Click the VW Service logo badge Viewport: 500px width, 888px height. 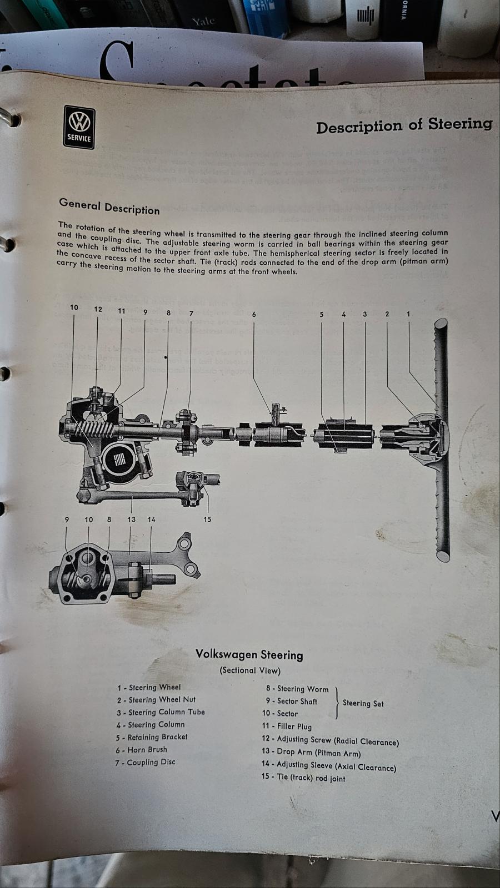pyautogui.click(x=79, y=127)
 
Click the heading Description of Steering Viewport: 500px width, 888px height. pyautogui.click(x=404, y=125)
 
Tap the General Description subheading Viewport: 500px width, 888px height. pyautogui.click(x=109, y=206)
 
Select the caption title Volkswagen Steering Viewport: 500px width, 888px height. pyautogui.click(x=249, y=654)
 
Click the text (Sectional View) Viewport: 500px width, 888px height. pyautogui.click(x=250, y=670)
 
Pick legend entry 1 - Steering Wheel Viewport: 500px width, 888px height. pyautogui.click(x=149, y=687)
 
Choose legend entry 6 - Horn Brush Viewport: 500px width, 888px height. pyautogui.click(x=141, y=749)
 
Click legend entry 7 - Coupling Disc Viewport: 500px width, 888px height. pyautogui.click(x=145, y=762)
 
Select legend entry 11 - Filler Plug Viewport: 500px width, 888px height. pyautogui.click(x=287, y=726)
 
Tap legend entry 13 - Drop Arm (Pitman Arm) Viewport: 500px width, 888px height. pyautogui.click(x=311, y=753)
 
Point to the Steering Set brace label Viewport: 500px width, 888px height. pyautogui.click(x=363, y=703)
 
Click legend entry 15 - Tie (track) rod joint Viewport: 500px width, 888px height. pyautogui.click(x=303, y=778)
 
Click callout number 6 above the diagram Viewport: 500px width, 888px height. pyautogui.click(x=254, y=314)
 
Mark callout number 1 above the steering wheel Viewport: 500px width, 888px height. pyautogui.click(x=408, y=314)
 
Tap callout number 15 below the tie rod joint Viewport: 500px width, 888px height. pyautogui.click(x=207, y=519)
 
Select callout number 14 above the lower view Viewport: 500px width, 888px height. pyautogui.click(x=151, y=519)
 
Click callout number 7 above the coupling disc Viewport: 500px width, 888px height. pyautogui.click(x=191, y=313)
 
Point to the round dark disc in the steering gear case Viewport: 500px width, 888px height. pyautogui.click(x=118, y=458)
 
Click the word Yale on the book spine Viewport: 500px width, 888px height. pyautogui.click(x=203, y=22)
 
